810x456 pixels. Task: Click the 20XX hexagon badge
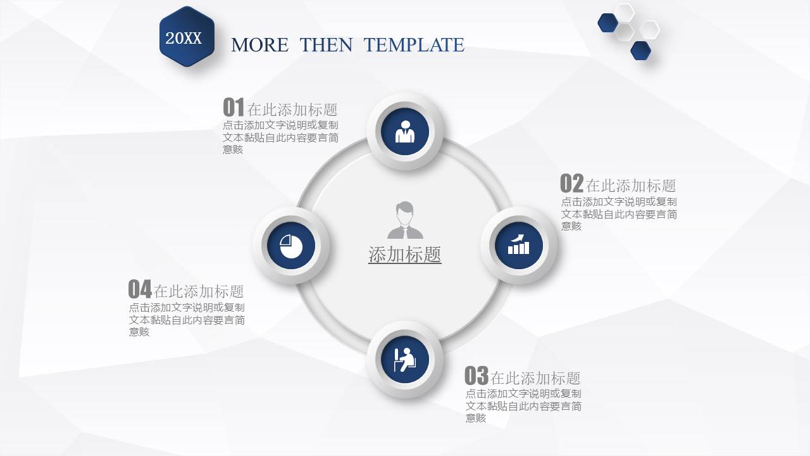pos(187,37)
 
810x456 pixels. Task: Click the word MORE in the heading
pos(259,45)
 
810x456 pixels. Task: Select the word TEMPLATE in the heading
pos(414,45)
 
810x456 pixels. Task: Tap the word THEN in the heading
pos(326,45)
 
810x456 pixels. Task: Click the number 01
pos(234,107)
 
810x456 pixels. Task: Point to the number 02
pos(571,183)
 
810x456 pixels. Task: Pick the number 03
pos(477,376)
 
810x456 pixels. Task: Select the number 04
pos(140,289)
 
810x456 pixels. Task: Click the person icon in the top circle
pos(405,132)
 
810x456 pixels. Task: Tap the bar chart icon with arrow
pos(518,244)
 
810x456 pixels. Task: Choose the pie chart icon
pos(291,246)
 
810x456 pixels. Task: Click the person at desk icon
pos(404,360)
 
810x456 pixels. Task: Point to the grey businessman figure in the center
pos(405,220)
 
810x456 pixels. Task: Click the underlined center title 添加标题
pos(404,255)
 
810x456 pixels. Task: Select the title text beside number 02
pos(631,186)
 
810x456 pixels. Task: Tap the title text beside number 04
pos(199,291)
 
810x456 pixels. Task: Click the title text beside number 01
pos(292,110)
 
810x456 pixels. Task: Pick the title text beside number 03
pos(535,378)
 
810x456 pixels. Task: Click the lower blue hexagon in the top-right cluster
pos(641,50)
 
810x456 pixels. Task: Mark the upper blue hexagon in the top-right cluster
pos(608,23)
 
